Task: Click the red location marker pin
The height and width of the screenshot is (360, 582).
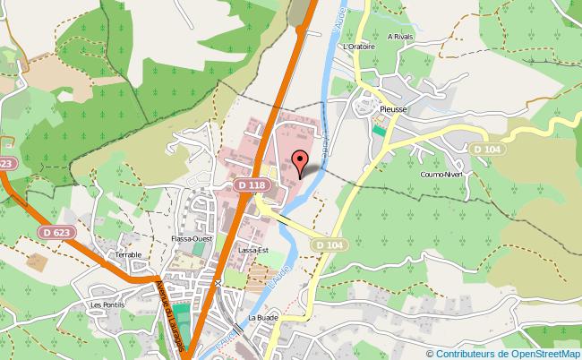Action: pyautogui.click(x=301, y=161)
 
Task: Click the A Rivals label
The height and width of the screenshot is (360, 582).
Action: pyautogui.click(x=400, y=37)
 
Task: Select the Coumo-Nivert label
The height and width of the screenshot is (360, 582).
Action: pyautogui.click(x=440, y=176)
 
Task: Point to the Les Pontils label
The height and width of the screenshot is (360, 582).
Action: pyautogui.click(x=108, y=304)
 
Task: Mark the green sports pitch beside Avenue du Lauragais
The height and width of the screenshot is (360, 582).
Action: pyautogui.click(x=183, y=315)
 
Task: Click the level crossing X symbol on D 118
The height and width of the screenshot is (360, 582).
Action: pyautogui.click(x=218, y=283)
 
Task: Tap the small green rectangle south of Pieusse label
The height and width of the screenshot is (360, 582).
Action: pyautogui.click(x=378, y=130)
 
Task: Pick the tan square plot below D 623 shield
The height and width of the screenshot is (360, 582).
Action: pyautogui.click(x=37, y=263)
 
